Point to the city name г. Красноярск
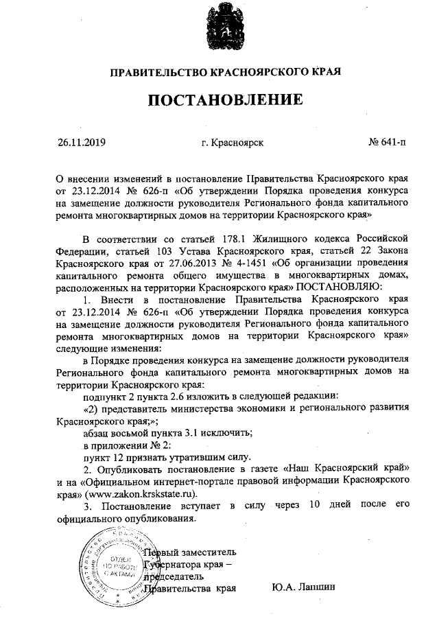tap(233, 143)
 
